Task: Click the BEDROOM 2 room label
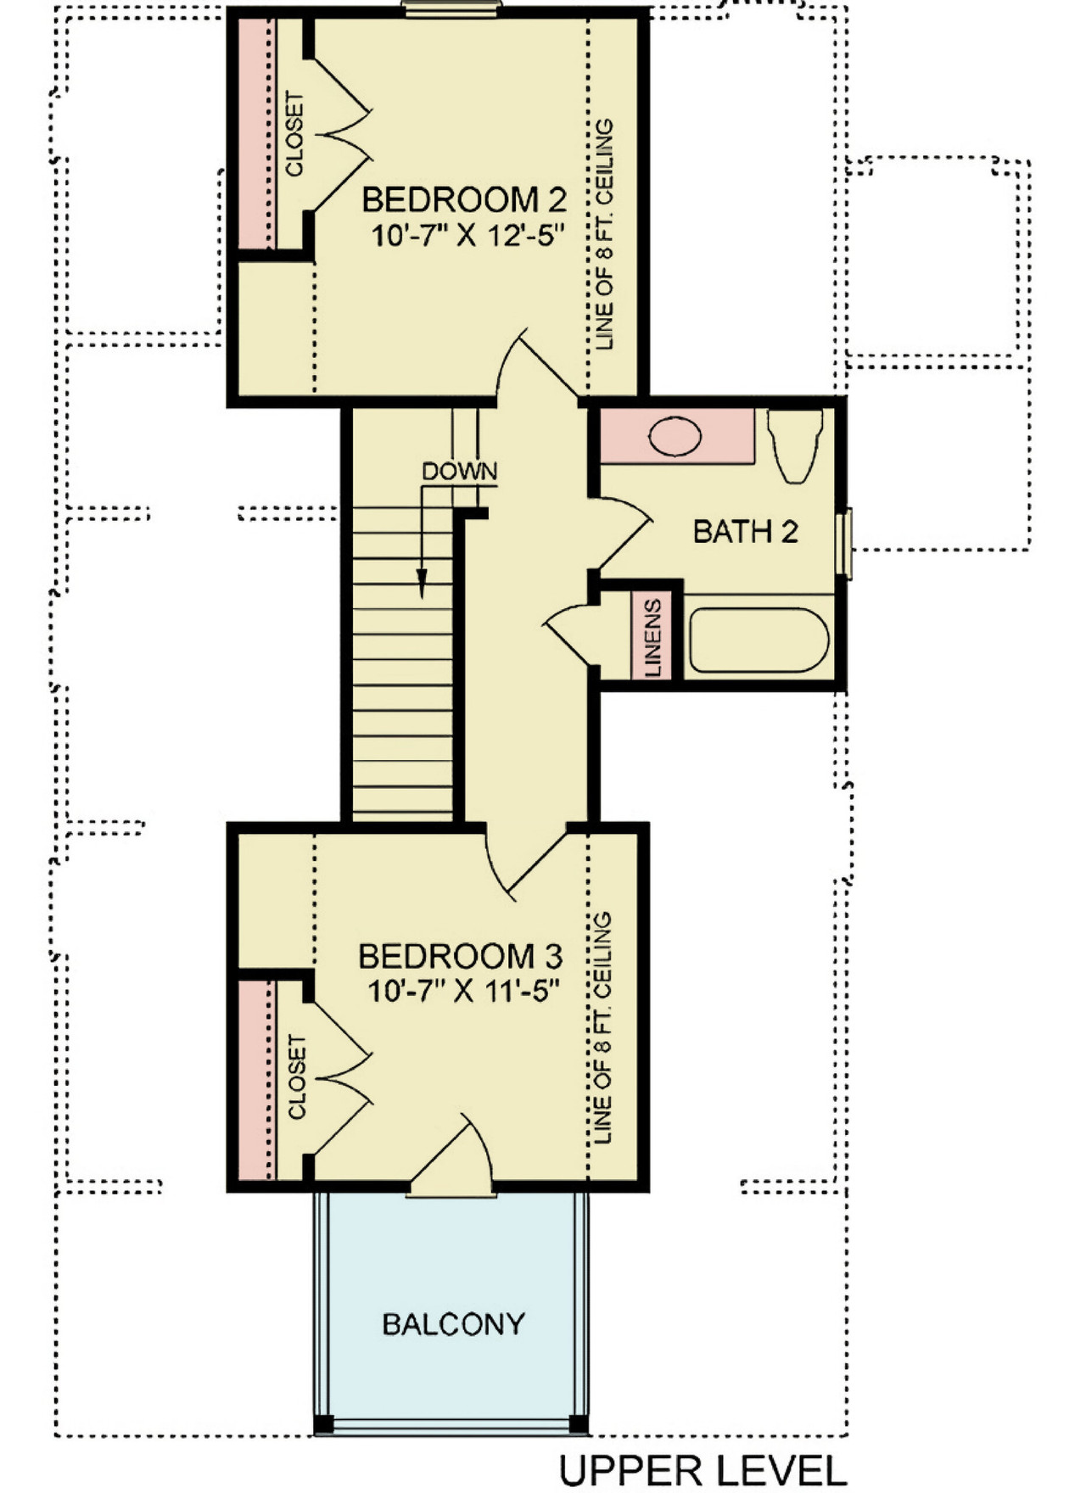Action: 464,200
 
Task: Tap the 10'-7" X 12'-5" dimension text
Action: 467,235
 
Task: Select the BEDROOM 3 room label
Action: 460,957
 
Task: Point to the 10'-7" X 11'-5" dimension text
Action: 465,991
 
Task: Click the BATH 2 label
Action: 745,532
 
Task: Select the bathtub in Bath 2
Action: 759,640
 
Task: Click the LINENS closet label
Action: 653,638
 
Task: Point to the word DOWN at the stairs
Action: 459,472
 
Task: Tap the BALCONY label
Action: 453,1324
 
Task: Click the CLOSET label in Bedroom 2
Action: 294,134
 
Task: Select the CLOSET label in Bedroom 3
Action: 296,1076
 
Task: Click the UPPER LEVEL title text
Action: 703,1470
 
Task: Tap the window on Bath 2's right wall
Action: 843,543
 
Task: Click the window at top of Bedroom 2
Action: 451,8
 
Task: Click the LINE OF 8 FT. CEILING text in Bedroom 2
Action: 604,235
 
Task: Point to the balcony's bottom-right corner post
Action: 578,1423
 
